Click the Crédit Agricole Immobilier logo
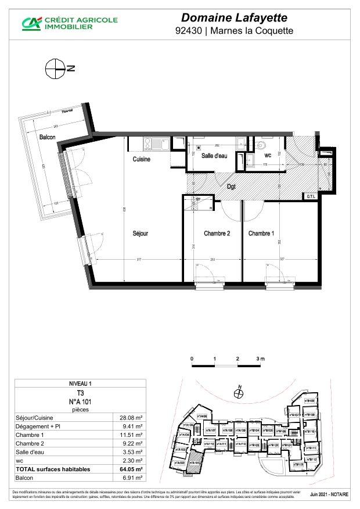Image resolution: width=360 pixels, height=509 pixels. click(x=70, y=23)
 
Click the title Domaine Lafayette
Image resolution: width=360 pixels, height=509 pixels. click(x=234, y=19)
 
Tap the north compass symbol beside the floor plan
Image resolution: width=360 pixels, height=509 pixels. click(x=54, y=68)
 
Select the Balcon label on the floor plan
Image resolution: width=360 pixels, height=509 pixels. click(x=48, y=138)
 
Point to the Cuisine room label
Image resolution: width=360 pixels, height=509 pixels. click(x=142, y=159)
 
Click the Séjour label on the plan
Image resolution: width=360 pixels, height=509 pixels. click(x=140, y=234)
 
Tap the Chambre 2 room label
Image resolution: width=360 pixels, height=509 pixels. click(x=217, y=234)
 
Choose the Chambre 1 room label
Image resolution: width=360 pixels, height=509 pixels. click(x=261, y=234)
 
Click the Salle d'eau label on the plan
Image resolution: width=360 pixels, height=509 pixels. click(x=214, y=156)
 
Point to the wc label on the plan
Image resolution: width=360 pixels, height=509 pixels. click(x=268, y=156)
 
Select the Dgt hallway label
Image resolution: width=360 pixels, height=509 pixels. click(x=231, y=187)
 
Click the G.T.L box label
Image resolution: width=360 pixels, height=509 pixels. click(x=312, y=197)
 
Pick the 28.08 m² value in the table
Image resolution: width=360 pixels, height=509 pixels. click(x=131, y=417)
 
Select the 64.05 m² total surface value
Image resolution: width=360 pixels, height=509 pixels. click(x=131, y=469)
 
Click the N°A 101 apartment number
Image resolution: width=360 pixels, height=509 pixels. click(x=80, y=401)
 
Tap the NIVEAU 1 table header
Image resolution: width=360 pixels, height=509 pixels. click(x=80, y=384)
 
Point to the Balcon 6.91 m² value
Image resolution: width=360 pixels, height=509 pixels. click(x=132, y=478)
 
